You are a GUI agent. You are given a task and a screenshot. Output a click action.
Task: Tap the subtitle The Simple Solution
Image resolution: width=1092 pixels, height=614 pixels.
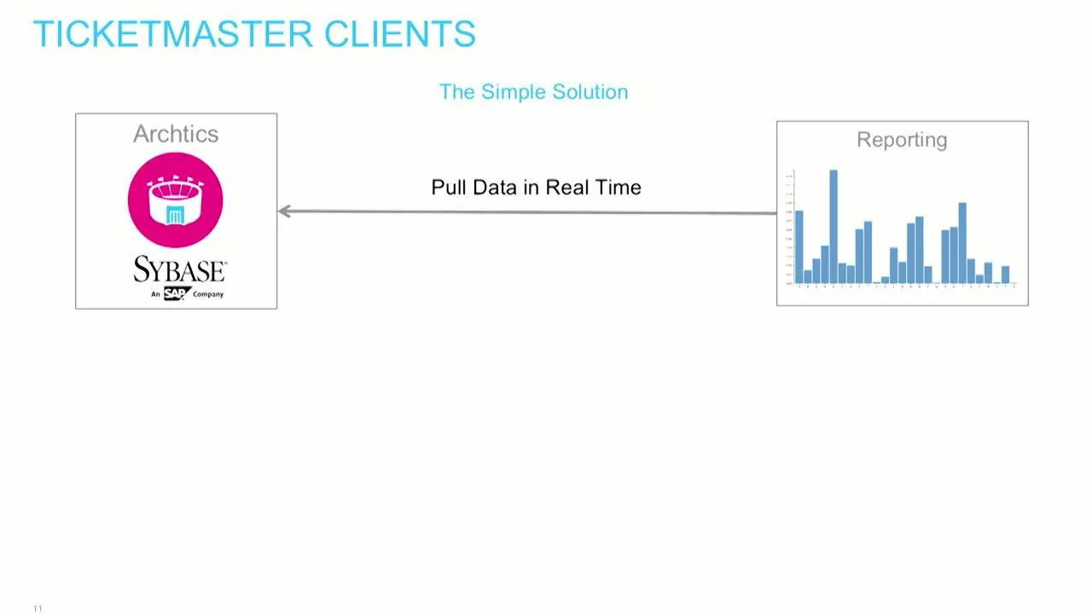pyautogui.click(x=533, y=92)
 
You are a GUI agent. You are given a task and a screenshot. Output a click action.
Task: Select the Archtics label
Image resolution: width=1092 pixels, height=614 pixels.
pyautogui.click(x=176, y=134)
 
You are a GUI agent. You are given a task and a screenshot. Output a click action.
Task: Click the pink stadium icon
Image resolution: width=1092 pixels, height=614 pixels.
pyautogui.click(x=175, y=200)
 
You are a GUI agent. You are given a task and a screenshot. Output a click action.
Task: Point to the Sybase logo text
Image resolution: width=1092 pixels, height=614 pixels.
pyautogui.click(x=179, y=269)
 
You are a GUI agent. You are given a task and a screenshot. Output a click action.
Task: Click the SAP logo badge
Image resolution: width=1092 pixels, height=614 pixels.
pyautogui.click(x=177, y=293)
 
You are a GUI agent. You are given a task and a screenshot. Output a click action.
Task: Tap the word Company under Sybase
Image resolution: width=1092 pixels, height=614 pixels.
pyautogui.click(x=208, y=294)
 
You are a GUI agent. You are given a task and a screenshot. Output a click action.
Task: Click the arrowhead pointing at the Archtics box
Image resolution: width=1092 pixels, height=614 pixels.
pyautogui.click(x=285, y=211)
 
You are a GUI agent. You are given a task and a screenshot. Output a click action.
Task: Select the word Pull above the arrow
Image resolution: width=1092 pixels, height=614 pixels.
pyautogui.click(x=448, y=188)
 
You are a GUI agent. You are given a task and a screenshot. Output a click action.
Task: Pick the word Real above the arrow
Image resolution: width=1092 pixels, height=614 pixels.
pyautogui.click(x=568, y=188)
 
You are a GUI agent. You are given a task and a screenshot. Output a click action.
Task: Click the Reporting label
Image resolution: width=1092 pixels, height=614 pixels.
pyautogui.click(x=902, y=140)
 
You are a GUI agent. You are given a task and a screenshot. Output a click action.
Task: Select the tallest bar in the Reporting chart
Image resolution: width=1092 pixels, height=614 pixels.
pyautogui.click(x=834, y=226)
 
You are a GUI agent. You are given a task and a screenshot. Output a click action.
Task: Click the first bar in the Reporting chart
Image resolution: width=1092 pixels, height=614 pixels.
pyautogui.click(x=799, y=246)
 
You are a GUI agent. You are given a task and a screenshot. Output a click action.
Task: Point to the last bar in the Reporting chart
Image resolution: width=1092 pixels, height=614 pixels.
pyautogui.click(x=1006, y=274)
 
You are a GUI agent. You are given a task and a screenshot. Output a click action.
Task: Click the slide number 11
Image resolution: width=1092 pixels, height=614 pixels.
pyautogui.click(x=38, y=608)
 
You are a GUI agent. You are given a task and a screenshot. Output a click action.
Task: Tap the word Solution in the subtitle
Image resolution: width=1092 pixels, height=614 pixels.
pyautogui.click(x=590, y=92)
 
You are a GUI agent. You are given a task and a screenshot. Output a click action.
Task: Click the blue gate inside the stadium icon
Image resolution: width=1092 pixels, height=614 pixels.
pyautogui.click(x=175, y=215)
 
